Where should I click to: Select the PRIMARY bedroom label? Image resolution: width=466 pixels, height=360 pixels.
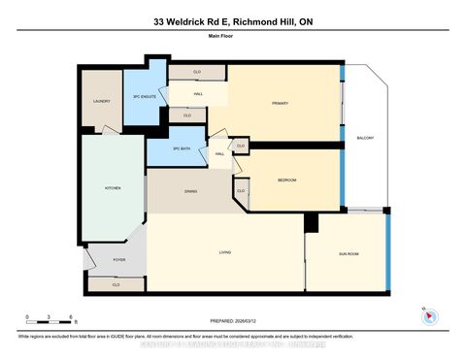[280, 102]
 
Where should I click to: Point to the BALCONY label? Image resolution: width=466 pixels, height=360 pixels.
[366, 137]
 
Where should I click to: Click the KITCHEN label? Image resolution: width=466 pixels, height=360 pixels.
[113, 187]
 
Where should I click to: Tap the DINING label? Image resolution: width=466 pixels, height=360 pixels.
[190, 191]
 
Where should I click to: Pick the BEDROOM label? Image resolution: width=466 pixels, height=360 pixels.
[286, 180]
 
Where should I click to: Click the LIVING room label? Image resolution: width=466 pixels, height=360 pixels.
[224, 253]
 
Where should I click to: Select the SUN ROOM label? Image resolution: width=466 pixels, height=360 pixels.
[349, 253]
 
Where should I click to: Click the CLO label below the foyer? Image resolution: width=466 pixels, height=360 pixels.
[116, 284]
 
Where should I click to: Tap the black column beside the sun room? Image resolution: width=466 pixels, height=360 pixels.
[311, 223]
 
